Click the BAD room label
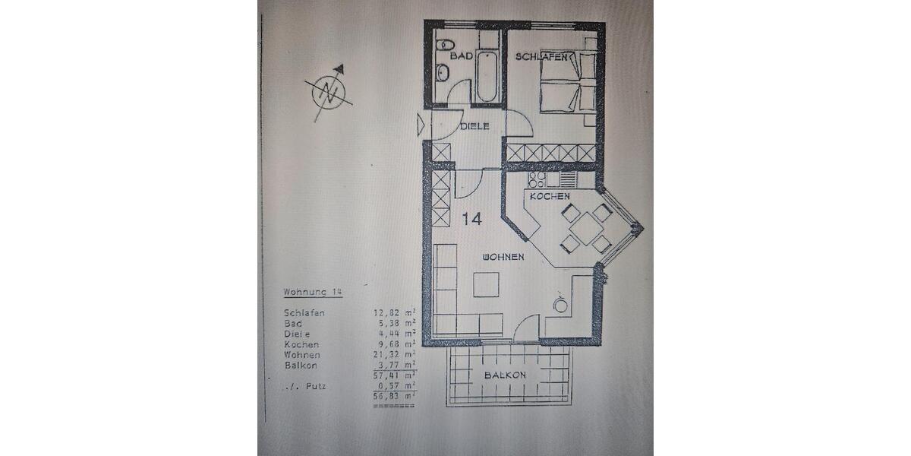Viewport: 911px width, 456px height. click(x=462, y=56)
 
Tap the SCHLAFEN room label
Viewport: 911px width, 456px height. click(x=544, y=57)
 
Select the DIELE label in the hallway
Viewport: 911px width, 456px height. click(x=474, y=126)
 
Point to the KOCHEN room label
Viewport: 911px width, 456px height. click(x=550, y=196)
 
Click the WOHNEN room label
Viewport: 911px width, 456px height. click(x=503, y=257)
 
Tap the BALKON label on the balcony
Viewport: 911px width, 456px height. click(x=506, y=375)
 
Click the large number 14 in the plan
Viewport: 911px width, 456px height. click(x=471, y=219)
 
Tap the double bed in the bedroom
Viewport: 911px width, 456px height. click(x=562, y=84)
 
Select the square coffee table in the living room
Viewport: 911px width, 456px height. click(x=486, y=285)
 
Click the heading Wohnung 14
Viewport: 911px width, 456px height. click(x=312, y=292)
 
